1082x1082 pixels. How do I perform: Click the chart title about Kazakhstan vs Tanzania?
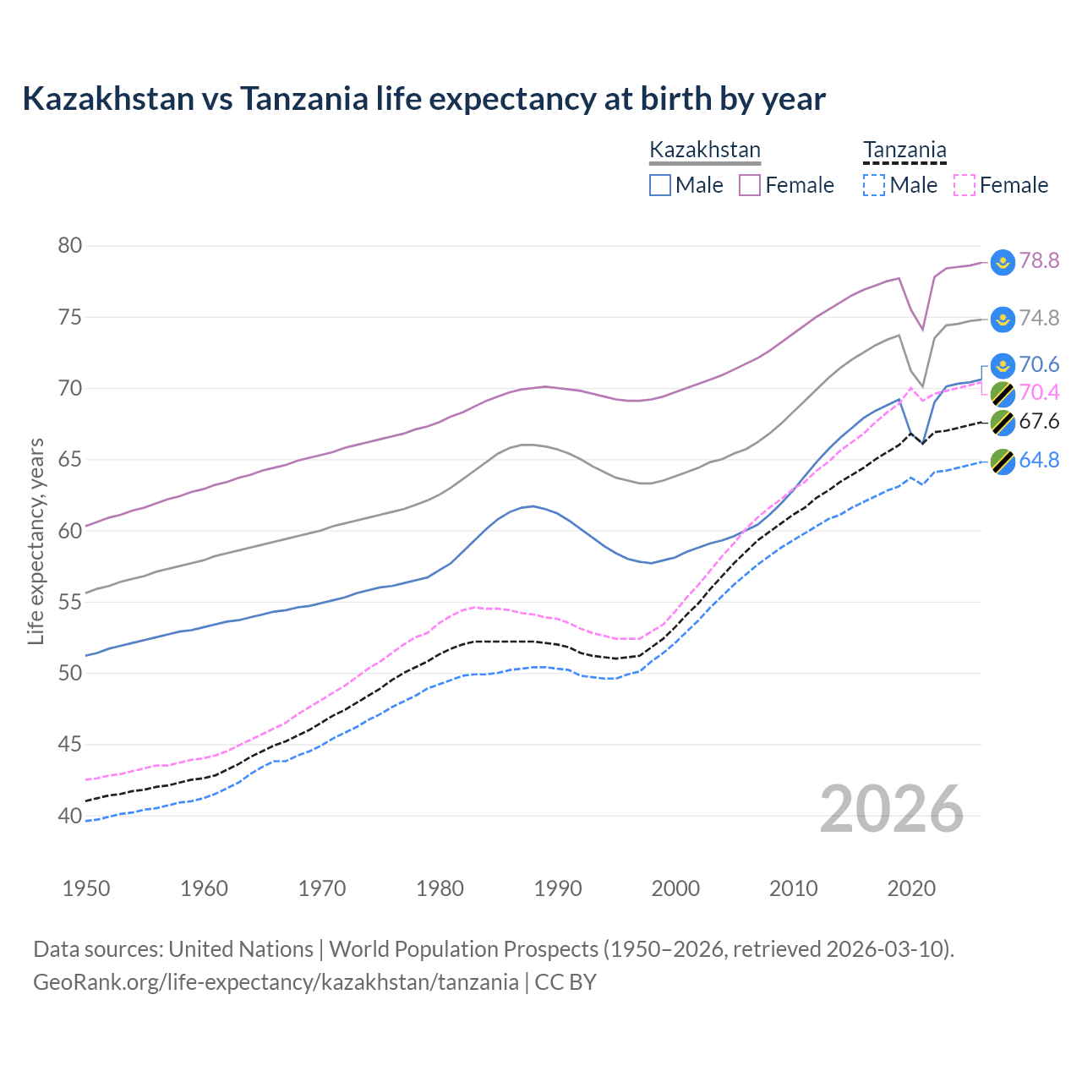pyautogui.click(x=424, y=99)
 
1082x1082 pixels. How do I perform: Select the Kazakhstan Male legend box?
pyautogui.click(x=660, y=185)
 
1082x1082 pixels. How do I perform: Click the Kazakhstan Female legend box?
pyautogui.click(x=750, y=185)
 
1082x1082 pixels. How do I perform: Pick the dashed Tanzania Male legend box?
pyautogui.click(x=874, y=185)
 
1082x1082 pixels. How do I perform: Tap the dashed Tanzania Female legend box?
pyautogui.click(x=965, y=185)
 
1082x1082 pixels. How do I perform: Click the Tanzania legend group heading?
pyautogui.click(x=904, y=150)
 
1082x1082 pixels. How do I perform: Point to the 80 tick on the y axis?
pyautogui.click(x=70, y=246)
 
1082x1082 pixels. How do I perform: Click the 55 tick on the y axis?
pyautogui.click(x=70, y=603)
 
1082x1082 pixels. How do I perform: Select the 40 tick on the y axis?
pyautogui.click(x=70, y=817)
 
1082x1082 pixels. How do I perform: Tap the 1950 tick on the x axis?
pyautogui.click(x=86, y=888)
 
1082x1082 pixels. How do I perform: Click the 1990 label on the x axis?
pyautogui.click(x=558, y=888)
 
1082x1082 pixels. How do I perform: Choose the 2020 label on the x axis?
pyautogui.click(x=911, y=888)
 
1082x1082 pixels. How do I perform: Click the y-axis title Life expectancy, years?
pyautogui.click(x=36, y=541)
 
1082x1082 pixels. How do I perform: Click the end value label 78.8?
pyautogui.click(x=1039, y=261)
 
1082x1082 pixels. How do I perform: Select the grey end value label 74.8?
pyautogui.click(x=1039, y=319)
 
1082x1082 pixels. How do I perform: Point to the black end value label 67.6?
pyautogui.click(x=1039, y=422)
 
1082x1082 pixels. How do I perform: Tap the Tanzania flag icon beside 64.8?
pyautogui.click(x=1003, y=462)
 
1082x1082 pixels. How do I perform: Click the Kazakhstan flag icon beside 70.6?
pyautogui.click(x=1003, y=365)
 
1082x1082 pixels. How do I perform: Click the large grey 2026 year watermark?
pyautogui.click(x=892, y=809)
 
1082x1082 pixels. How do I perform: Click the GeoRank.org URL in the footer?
pyautogui.click(x=276, y=982)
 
